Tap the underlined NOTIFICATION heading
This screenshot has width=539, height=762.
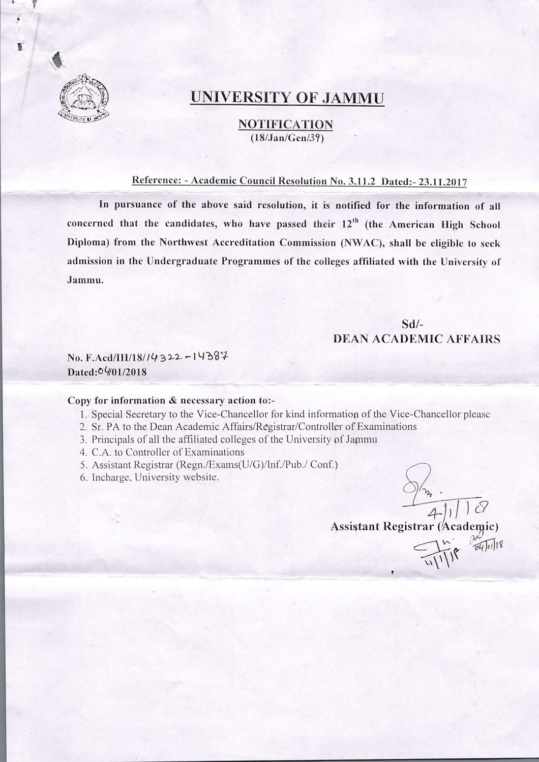[286, 124]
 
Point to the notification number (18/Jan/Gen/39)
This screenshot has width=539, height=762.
[286, 138]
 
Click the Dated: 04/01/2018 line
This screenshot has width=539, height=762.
[107, 371]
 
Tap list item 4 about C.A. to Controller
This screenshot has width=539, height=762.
[163, 452]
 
